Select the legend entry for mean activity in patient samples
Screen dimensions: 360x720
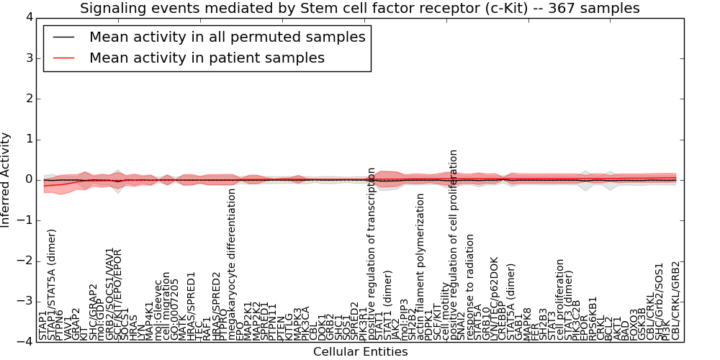pyautogui.click(x=207, y=58)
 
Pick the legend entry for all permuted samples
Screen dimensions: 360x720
pyautogui.click(x=227, y=37)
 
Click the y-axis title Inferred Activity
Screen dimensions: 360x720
pyautogui.click(x=6, y=179)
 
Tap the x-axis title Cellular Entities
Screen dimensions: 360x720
pyautogui.click(x=360, y=352)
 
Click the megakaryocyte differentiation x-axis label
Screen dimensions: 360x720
pyautogui.click(x=233, y=264)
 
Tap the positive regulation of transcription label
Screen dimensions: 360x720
pyautogui.click(x=372, y=253)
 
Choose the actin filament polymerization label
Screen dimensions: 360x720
pyautogui.click(x=421, y=266)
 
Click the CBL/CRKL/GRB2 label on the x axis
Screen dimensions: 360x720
pyautogui.click(x=675, y=300)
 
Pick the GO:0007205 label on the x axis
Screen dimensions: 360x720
pyautogui.click(x=176, y=308)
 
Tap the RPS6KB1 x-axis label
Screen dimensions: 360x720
pyautogui.click(x=593, y=318)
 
